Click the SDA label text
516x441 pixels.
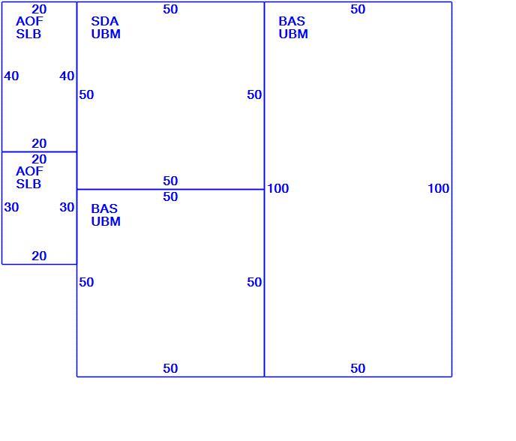point(105,22)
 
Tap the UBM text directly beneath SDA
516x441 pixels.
point(106,34)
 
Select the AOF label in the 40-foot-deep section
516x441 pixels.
point(29,22)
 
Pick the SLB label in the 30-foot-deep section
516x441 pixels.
point(28,184)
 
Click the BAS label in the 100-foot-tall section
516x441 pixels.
point(292,22)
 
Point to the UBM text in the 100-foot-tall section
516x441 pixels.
point(293,34)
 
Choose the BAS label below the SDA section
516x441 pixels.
point(104,208)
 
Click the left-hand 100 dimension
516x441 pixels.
point(278,188)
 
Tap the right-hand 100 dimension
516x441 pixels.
point(439,188)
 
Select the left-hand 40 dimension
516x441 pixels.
point(11,76)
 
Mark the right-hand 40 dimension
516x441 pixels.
point(67,76)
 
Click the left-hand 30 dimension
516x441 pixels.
point(11,207)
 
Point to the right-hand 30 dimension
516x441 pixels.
point(67,207)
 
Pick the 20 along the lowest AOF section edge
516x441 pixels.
point(39,256)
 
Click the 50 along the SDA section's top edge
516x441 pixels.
point(170,9)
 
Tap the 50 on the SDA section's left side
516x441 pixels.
point(86,94)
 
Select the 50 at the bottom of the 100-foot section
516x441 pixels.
point(358,368)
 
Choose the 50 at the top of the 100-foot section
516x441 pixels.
point(358,9)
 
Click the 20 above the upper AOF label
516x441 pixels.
point(39,9)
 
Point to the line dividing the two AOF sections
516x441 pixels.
point(40,151)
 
